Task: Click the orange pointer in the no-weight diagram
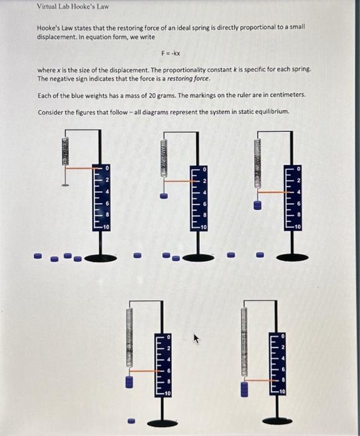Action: [x=79, y=169]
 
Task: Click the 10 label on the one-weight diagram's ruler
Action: [x=204, y=228]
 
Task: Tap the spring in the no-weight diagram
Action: [x=65, y=151]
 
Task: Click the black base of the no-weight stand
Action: [x=99, y=257]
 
